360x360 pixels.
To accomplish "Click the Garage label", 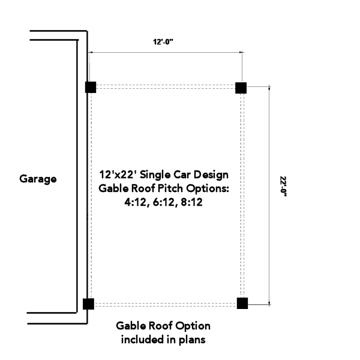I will [38, 179].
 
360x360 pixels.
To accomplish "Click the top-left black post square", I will [90, 87].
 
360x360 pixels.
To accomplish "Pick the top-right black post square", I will [241, 88].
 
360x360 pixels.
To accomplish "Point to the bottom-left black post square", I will [88, 304].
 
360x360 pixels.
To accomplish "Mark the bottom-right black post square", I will [242, 303].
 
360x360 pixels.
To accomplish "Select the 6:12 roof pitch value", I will [164, 202].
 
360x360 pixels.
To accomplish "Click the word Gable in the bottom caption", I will [130, 326].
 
